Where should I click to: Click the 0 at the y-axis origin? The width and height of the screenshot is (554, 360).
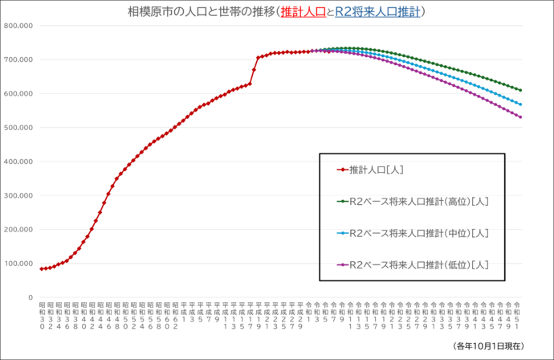(x=30, y=297)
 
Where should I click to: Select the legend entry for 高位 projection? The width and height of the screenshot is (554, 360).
(x=413, y=202)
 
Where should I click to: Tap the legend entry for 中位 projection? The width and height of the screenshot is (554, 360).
(x=413, y=233)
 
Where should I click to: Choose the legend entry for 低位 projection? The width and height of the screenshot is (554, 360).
(x=413, y=264)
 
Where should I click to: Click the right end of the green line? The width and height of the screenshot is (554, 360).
(x=520, y=90)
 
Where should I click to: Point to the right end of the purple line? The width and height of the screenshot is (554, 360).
(x=520, y=117)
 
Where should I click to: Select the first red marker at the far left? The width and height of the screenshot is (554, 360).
(x=42, y=268)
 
